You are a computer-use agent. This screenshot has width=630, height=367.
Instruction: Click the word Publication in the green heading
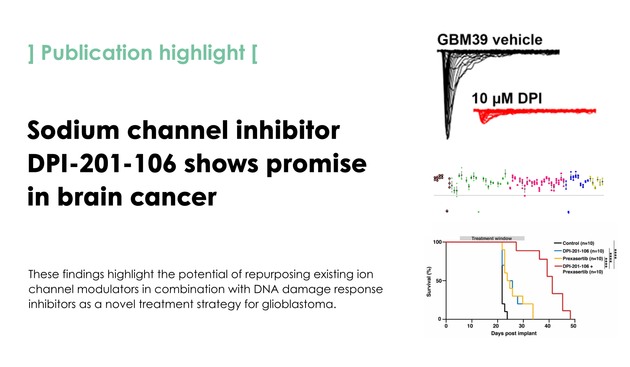pyautogui.click(x=97, y=53)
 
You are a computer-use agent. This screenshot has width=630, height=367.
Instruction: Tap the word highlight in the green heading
pyautogui.click(x=202, y=53)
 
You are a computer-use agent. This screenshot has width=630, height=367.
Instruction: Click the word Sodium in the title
pyautogui.click(x=73, y=130)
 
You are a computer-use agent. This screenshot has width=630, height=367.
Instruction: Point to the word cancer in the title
pyautogui.click(x=173, y=197)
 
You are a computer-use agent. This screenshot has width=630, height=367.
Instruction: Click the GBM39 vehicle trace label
pyautogui.click(x=490, y=40)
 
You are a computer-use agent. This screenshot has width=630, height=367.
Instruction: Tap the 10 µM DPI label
pyautogui.click(x=506, y=99)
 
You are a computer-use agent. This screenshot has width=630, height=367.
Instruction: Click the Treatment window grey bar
pyautogui.click(x=492, y=238)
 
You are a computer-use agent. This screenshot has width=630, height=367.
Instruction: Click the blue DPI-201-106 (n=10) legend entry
pyautogui.click(x=579, y=251)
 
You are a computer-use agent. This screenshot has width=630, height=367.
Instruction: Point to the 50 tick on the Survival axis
pyautogui.click(x=439, y=281)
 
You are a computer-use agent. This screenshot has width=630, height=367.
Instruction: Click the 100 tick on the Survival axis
pyautogui.click(x=437, y=242)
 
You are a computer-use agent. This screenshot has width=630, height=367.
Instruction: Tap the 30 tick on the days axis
pyautogui.click(x=522, y=326)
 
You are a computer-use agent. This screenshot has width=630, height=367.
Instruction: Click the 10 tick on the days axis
pyautogui.click(x=470, y=326)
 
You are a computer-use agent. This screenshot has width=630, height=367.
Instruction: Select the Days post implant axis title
pyautogui.click(x=514, y=333)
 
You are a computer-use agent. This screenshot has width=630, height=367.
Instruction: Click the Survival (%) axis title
pyautogui.click(x=429, y=282)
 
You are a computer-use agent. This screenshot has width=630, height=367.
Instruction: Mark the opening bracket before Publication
pyautogui.click(x=31, y=54)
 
